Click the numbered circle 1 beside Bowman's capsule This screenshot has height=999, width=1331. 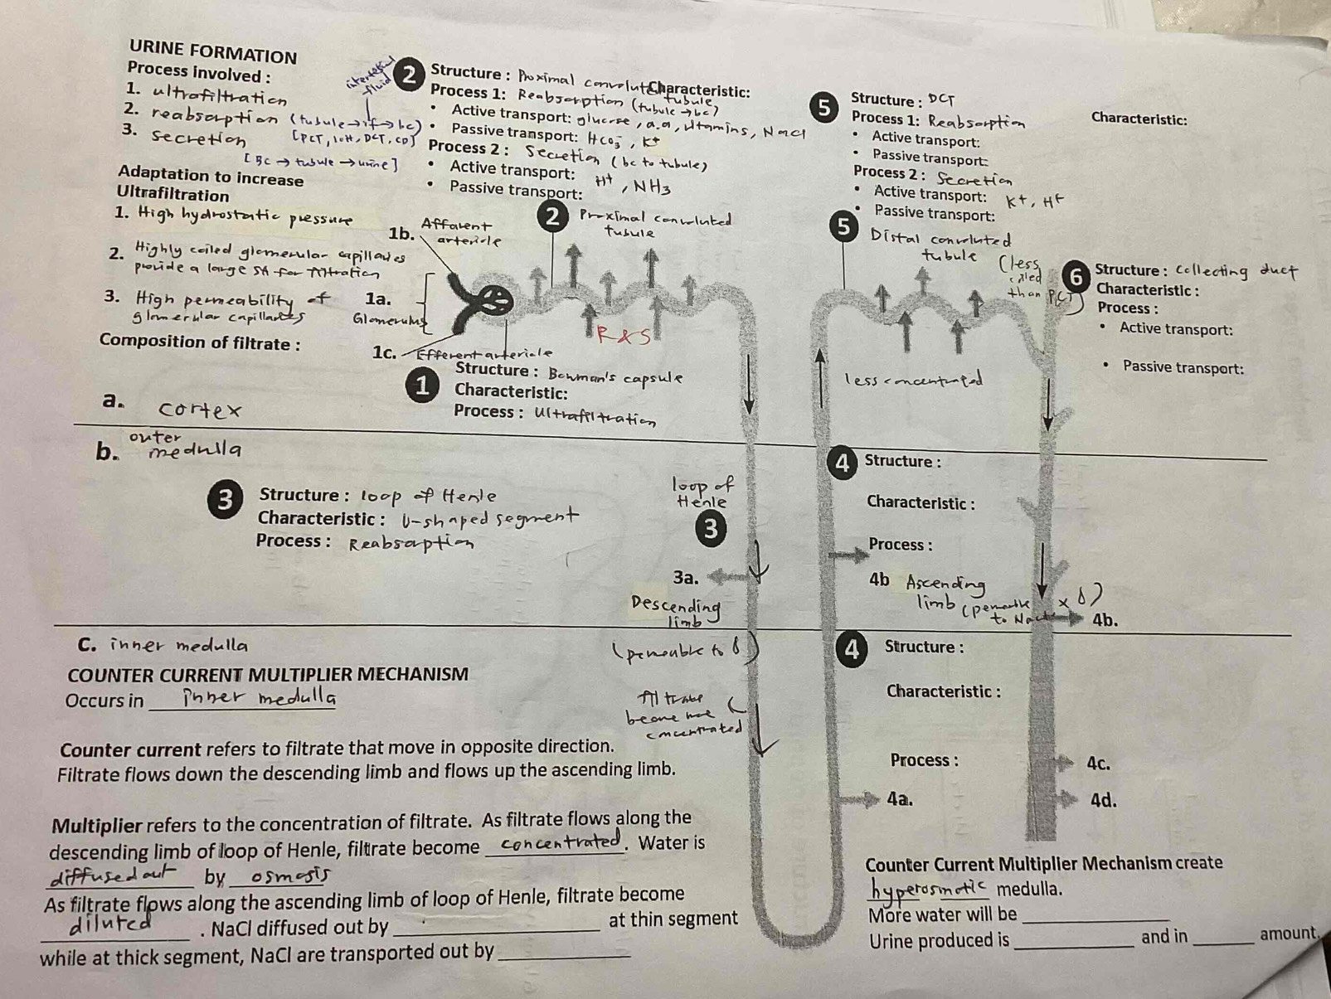tap(422, 386)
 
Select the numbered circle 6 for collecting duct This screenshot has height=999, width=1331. tap(1076, 276)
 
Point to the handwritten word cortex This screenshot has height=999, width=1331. tap(200, 410)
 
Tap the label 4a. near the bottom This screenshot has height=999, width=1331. tap(900, 799)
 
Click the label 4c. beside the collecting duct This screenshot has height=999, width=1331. tap(1098, 764)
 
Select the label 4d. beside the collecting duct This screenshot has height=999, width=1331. tap(1102, 801)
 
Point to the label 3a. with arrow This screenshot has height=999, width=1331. tap(686, 577)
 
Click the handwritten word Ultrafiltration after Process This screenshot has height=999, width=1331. tap(595, 415)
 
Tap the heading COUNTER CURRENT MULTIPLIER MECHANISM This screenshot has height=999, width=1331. tap(268, 674)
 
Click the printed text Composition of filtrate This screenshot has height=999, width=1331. tap(200, 342)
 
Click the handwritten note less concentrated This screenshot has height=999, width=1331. tap(914, 380)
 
